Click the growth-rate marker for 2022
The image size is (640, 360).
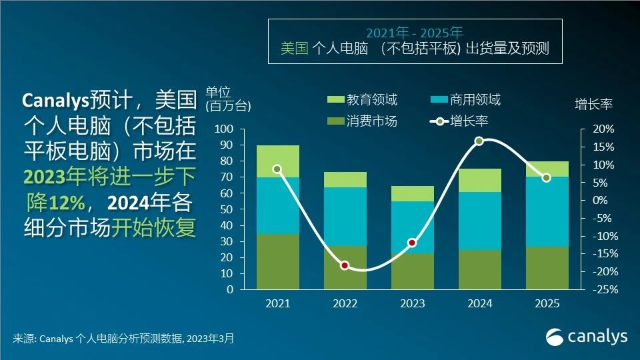tap(345, 265)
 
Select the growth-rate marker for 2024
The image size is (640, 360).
tap(479, 141)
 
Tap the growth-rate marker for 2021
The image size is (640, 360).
tap(277, 169)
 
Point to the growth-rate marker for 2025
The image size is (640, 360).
tap(546, 177)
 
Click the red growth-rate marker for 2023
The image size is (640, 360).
tap(412, 243)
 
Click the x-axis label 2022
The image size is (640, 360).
tap(345, 304)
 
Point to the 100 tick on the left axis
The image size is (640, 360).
tap(225, 129)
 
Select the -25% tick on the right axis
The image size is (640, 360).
tap(599, 290)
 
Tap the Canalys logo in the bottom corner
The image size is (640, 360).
tap(587, 337)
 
